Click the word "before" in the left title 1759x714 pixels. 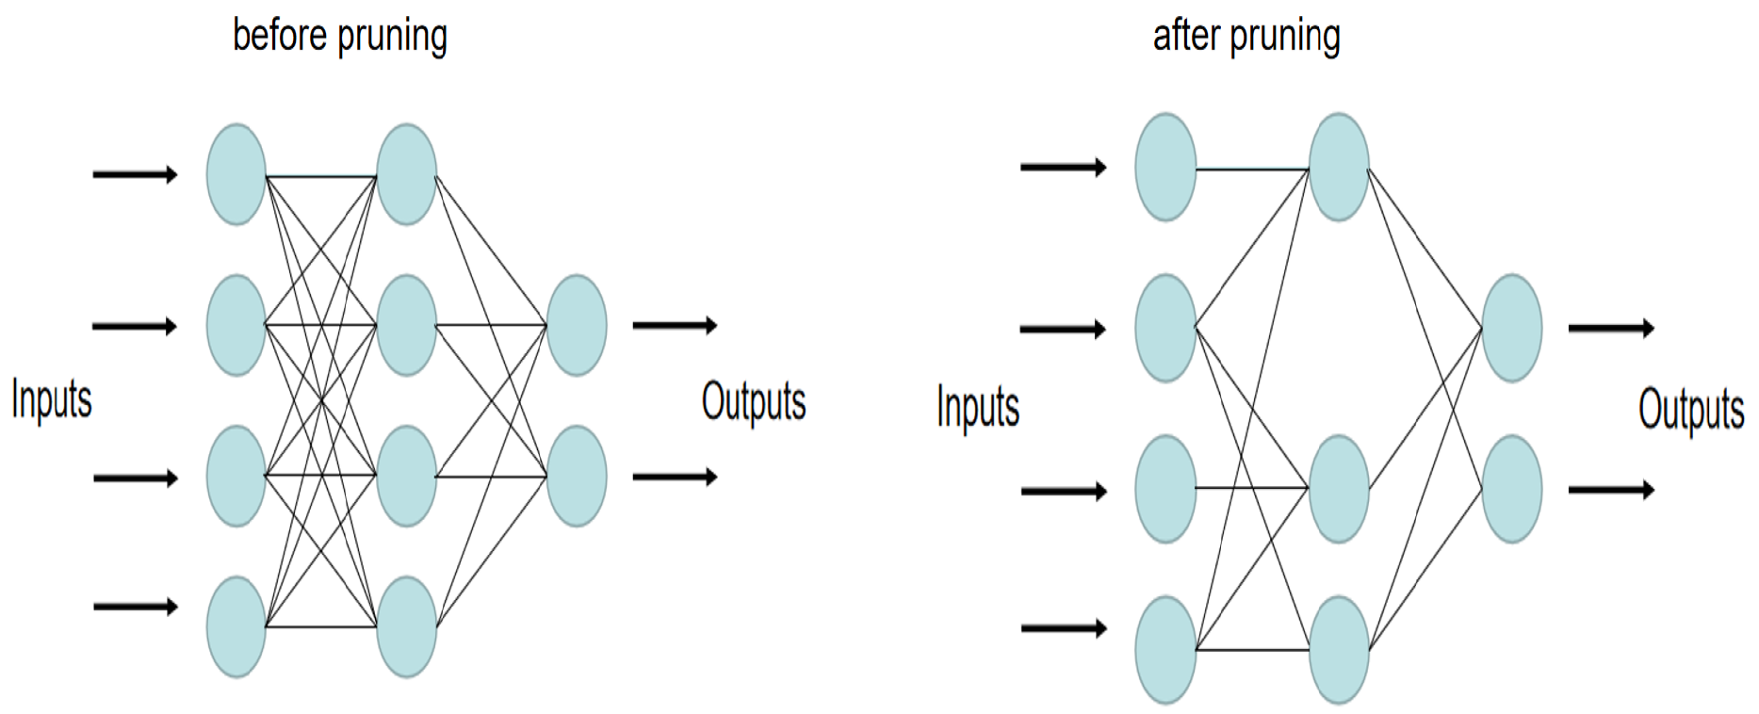pyautogui.click(x=279, y=36)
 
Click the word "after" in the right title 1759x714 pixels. pyautogui.click(x=1187, y=36)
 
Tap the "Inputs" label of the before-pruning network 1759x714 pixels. pyautogui.click(x=52, y=399)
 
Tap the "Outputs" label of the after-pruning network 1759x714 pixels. pyautogui.click(x=1691, y=410)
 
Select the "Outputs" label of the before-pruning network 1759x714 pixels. pyautogui.click(x=754, y=402)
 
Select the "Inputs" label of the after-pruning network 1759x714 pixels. pyautogui.click(x=978, y=408)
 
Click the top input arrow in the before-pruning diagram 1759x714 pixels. pyautogui.click(x=135, y=174)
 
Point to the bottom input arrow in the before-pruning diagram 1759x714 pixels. pyautogui.click(x=135, y=607)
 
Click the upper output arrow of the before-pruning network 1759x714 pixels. pyautogui.click(x=675, y=325)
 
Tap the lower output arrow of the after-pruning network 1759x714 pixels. pyautogui.click(x=1611, y=489)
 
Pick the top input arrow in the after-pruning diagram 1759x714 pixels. pyautogui.click(x=1064, y=168)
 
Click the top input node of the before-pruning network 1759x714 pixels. pyautogui.click(x=236, y=174)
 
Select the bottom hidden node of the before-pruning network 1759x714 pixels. pyautogui.click(x=406, y=626)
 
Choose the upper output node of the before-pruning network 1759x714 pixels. pyautogui.click(x=576, y=325)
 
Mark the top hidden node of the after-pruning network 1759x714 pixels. pyautogui.click(x=1339, y=168)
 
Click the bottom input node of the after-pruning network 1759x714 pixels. pyautogui.click(x=1165, y=650)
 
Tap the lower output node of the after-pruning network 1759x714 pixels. pyautogui.click(x=1511, y=489)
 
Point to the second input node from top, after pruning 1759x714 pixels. pyautogui.click(x=1165, y=328)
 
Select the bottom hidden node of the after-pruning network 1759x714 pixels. pyautogui.click(x=1339, y=650)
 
